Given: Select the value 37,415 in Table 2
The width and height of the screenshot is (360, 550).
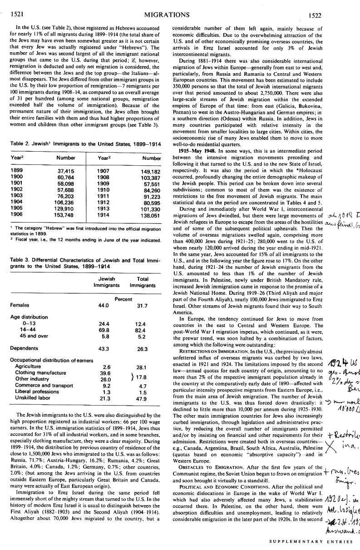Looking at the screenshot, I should tap(65, 171).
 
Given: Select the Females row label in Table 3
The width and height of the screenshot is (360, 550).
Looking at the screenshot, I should tap(20, 306).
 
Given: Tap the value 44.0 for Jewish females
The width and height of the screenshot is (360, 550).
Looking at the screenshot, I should tap(104, 306).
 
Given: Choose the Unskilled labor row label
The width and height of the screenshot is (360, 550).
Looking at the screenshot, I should tap(33, 386).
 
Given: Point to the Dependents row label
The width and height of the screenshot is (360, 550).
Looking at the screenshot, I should tap(24, 349).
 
